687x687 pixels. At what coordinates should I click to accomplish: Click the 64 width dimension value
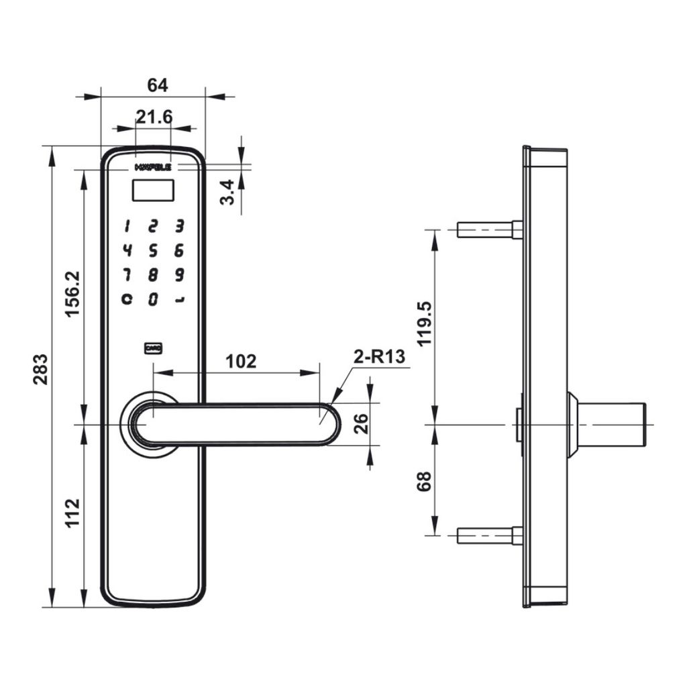157,85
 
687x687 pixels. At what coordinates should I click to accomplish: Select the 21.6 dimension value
154,117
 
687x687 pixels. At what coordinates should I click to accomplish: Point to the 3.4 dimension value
228,192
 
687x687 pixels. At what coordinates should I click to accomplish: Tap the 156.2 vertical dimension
72,294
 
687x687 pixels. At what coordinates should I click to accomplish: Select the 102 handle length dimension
241,362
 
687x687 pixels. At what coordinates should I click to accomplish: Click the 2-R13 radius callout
380,356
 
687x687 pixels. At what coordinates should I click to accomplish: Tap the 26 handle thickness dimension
360,424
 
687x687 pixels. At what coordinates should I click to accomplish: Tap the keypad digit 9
179,274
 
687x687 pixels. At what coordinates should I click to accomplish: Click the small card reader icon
153,348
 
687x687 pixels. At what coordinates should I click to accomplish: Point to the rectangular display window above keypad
153,191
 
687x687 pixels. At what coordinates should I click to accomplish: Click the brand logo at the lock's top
153,166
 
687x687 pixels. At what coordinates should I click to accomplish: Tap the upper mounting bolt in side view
489,229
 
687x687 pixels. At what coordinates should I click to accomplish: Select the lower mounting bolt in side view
489,535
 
